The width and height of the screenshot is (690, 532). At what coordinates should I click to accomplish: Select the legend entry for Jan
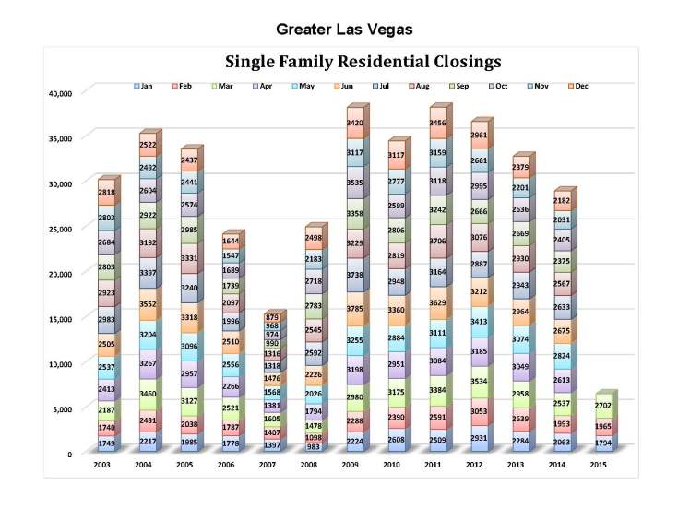click(143, 86)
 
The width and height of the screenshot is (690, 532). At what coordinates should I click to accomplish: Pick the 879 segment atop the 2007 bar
click(271, 318)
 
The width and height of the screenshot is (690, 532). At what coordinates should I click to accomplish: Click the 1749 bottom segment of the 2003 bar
click(104, 443)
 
